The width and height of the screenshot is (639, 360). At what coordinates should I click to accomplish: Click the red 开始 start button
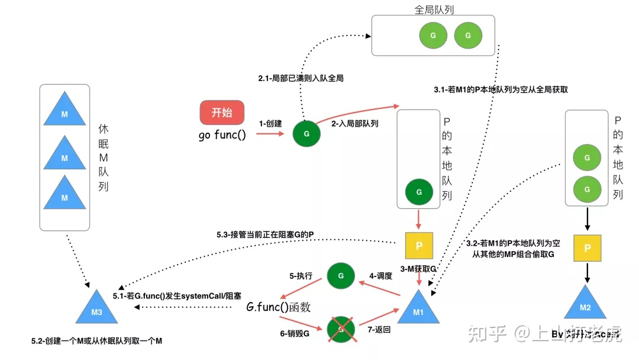coord(222,112)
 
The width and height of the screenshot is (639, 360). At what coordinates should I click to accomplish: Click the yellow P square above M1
coord(419,246)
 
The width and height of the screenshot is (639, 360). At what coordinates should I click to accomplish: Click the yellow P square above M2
coord(587,249)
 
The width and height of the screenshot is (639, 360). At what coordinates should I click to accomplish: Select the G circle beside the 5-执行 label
coord(341,276)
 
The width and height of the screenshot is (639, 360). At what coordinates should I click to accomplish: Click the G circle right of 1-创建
coord(306,134)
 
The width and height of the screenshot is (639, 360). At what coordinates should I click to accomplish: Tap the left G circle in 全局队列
coord(433,36)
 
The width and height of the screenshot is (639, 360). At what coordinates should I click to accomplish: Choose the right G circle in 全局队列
coord(468,36)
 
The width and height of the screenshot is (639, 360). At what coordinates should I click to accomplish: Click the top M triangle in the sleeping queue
coord(65,112)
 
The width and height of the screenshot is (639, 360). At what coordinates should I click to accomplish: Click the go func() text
coord(222,134)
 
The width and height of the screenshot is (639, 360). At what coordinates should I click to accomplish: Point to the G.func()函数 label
coord(278,307)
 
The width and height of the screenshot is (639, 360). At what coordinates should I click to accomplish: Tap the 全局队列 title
coord(434,9)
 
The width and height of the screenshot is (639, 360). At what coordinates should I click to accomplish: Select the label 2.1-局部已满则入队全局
coord(301,78)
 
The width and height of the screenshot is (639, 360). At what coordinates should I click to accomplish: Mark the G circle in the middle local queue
coord(419,192)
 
